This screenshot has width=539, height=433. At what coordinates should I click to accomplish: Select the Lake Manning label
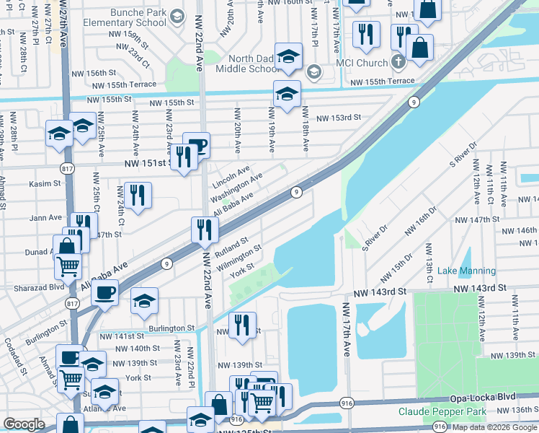(x=467, y=271)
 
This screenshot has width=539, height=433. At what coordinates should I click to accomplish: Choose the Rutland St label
(x=232, y=248)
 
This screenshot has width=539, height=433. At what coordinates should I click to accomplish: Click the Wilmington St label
(x=239, y=258)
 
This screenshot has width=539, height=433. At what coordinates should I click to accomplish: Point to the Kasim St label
(x=45, y=184)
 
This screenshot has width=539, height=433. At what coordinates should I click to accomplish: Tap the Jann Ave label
(x=46, y=217)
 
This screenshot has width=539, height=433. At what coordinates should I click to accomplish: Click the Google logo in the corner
(x=24, y=424)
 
